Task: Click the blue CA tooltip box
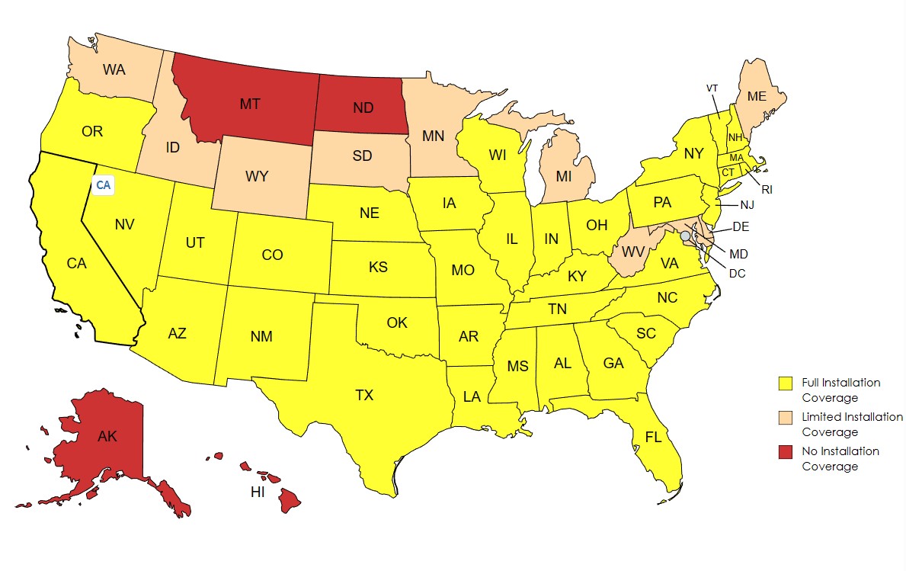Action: click(x=103, y=184)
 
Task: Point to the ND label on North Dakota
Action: click(x=363, y=108)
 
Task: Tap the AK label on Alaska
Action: click(x=107, y=437)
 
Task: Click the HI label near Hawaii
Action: click(x=258, y=492)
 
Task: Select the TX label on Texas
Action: click(x=364, y=395)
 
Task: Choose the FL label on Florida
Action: click(x=653, y=438)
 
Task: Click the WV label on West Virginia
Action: click(x=632, y=252)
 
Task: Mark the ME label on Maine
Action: click(x=756, y=97)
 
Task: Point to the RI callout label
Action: click(x=767, y=189)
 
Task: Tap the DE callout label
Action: click(x=740, y=226)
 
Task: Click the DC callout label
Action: click(x=736, y=273)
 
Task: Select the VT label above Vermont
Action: click(x=712, y=88)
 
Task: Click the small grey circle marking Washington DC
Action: click(x=685, y=236)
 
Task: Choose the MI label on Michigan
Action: click(x=563, y=176)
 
